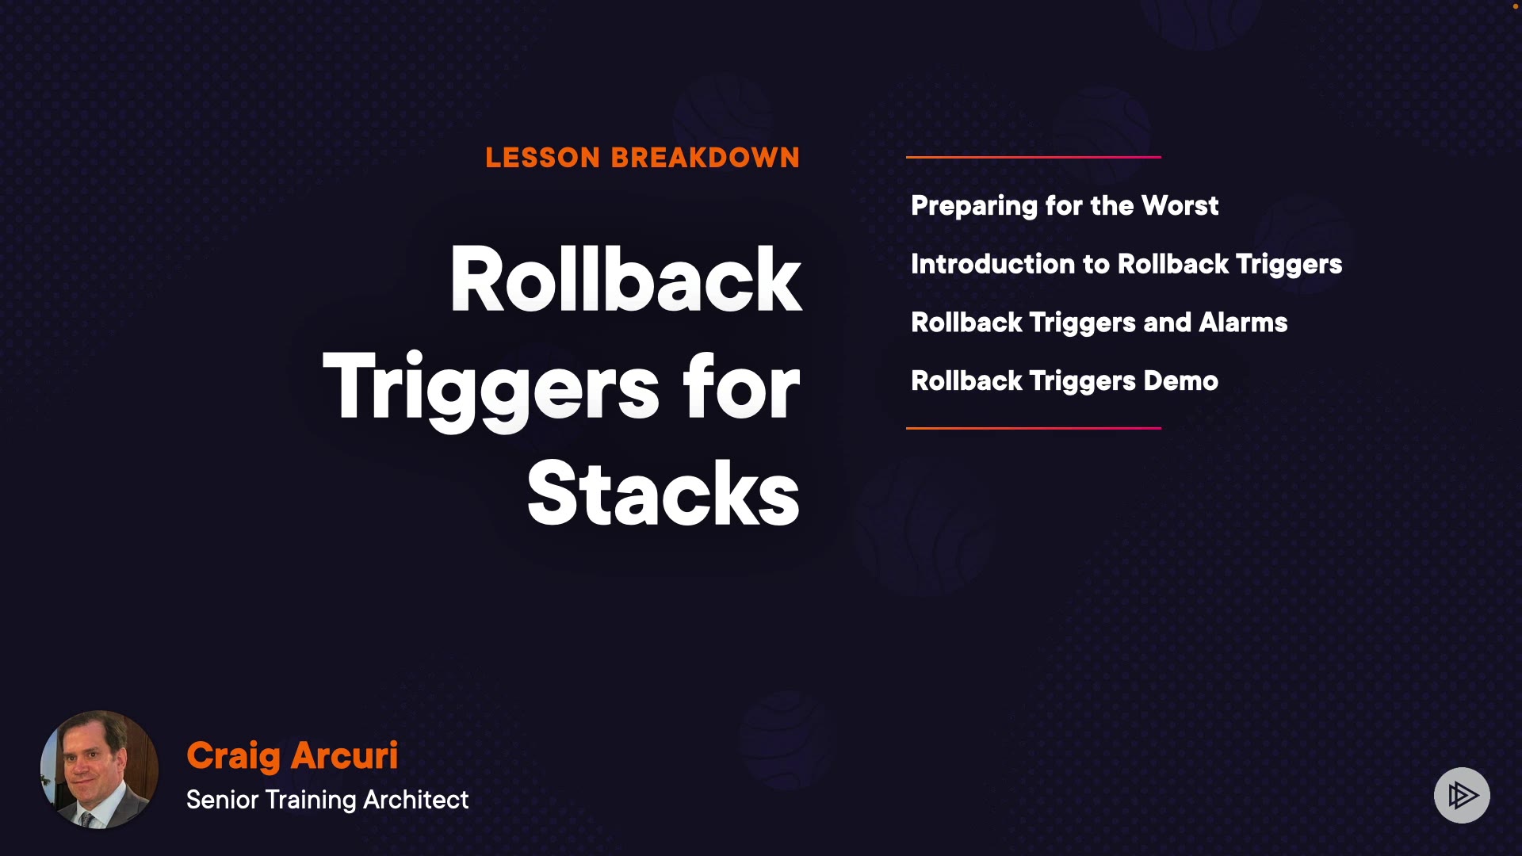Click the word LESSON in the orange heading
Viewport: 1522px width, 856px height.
[543, 158]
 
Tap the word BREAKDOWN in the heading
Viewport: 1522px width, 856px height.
[706, 158]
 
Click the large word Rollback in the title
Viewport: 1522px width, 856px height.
[626, 280]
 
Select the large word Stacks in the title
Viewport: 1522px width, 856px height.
[663, 494]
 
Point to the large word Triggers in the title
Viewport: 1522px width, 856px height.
[491, 388]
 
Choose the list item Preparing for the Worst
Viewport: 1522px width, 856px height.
[1065, 206]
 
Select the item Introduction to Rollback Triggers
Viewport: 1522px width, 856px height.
[1126, 265]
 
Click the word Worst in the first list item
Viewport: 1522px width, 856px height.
[1180, 206]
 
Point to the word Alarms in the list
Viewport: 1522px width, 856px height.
[1243, 323]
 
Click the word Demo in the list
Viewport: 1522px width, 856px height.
[1180, 381]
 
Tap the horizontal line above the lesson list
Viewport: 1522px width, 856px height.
[1034, 157]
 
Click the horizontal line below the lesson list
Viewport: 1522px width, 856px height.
[1034, 428]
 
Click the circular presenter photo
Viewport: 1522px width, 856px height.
[99, 770]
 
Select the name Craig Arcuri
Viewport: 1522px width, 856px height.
[292, 755]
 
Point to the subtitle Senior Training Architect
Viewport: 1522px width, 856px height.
[327, 800]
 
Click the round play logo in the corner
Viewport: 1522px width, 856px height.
[1462, 795]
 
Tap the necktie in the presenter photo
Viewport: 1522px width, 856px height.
[86, 819]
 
